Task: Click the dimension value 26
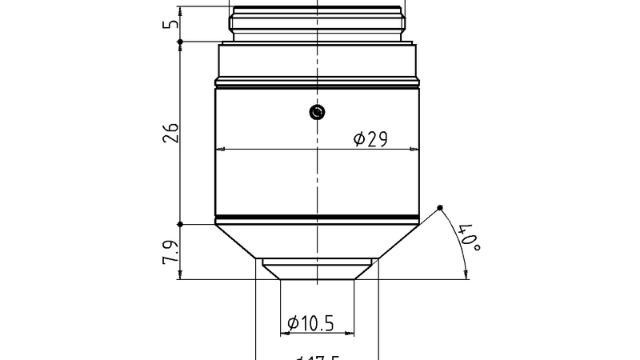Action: (x=170, y=132)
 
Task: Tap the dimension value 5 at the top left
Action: (x=170, y=24)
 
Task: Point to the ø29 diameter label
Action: (x=370, y=139)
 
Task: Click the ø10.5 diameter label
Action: (x=310, y=323)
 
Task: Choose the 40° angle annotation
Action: (x=468, y=238)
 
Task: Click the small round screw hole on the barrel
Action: (x=318, y=113)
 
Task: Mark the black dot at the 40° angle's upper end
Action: (x=440, y=209)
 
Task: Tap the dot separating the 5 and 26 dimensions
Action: (x=181, y=42)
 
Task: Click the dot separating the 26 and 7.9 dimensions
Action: (x=181, y=224)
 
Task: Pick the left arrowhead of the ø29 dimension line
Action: (x=221, y=150)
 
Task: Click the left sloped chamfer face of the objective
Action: (x=237, y=242)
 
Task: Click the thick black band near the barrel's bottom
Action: (x=318, y=218)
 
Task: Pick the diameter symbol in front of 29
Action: (x=360, y=139)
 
